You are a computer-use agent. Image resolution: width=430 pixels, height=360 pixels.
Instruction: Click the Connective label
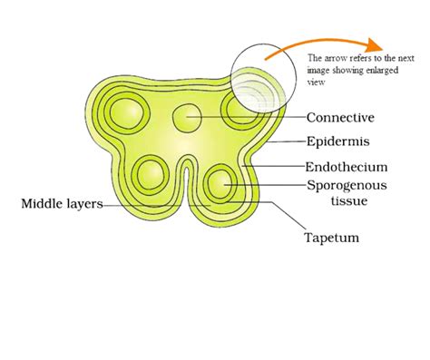(340, 118)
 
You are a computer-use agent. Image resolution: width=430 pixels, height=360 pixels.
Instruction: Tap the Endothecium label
(346, 167)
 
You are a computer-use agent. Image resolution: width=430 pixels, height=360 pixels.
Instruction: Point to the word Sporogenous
(347, 184)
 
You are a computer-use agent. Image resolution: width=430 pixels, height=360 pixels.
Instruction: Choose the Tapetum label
(332, 238)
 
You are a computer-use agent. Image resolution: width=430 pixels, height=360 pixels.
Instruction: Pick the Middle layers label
(61, 204)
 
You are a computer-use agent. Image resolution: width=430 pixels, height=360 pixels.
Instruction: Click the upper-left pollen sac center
(126, 114)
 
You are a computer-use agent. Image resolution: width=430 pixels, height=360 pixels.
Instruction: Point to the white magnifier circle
(263, 81)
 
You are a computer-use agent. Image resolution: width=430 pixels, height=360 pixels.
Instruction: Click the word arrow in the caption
(332, 57)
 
